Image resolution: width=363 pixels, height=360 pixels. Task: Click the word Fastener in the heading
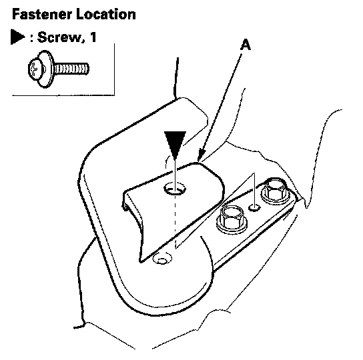pos(41,15)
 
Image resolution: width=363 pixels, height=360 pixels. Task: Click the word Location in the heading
pos(106,15)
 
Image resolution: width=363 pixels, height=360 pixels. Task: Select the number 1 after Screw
pos(93,37)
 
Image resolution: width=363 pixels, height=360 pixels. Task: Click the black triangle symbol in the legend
pos(17,37)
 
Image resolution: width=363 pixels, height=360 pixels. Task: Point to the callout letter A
pos(246,45)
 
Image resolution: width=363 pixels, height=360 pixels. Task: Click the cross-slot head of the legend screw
pos(35,69)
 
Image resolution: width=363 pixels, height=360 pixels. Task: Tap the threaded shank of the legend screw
pos(71,69)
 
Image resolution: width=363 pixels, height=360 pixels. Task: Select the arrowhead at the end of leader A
pos(202,154)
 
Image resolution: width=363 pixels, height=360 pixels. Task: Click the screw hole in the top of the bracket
pos(175,188)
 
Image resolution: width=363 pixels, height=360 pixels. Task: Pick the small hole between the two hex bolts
pos(254,208)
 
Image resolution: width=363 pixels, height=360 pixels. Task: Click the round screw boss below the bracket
pos(162,259)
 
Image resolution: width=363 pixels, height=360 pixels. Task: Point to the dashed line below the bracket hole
pos(175,221)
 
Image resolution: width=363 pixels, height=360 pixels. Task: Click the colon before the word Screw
pos(32,38)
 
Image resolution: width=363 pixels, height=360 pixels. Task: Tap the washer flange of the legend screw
pos(46,69)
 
